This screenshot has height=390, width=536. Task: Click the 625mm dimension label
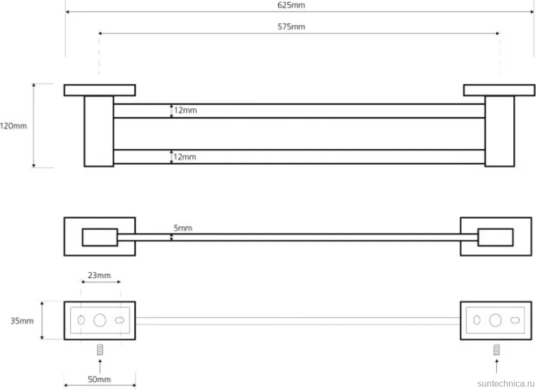pos(291,5)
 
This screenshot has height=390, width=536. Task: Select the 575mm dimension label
pos(291,27)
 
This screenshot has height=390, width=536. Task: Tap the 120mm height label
pos(13,126)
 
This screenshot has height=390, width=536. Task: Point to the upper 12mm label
pos(185,110)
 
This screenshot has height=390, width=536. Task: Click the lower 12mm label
pos(185,157)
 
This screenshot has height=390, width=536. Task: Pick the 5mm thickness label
pos(183,228)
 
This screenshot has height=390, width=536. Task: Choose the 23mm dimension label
pos(99,275)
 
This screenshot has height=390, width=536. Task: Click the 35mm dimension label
pos(22,321)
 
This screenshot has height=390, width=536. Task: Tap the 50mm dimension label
pos(99,379)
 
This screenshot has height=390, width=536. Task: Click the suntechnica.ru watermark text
pos(506,383)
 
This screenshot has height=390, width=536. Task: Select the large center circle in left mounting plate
pos(100,320)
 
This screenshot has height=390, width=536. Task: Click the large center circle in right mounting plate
pos(495,320)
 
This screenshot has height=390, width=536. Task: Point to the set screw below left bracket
pos(100,350)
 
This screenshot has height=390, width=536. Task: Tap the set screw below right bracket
pos(497,350)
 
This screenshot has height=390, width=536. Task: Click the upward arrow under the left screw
pos(100,366)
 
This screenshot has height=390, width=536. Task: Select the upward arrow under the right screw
pos(497,366)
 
